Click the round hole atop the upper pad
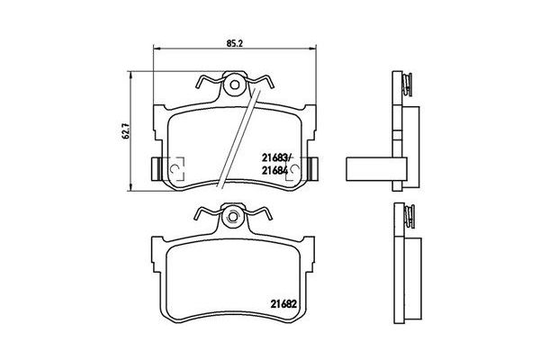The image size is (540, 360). pos(234,87)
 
